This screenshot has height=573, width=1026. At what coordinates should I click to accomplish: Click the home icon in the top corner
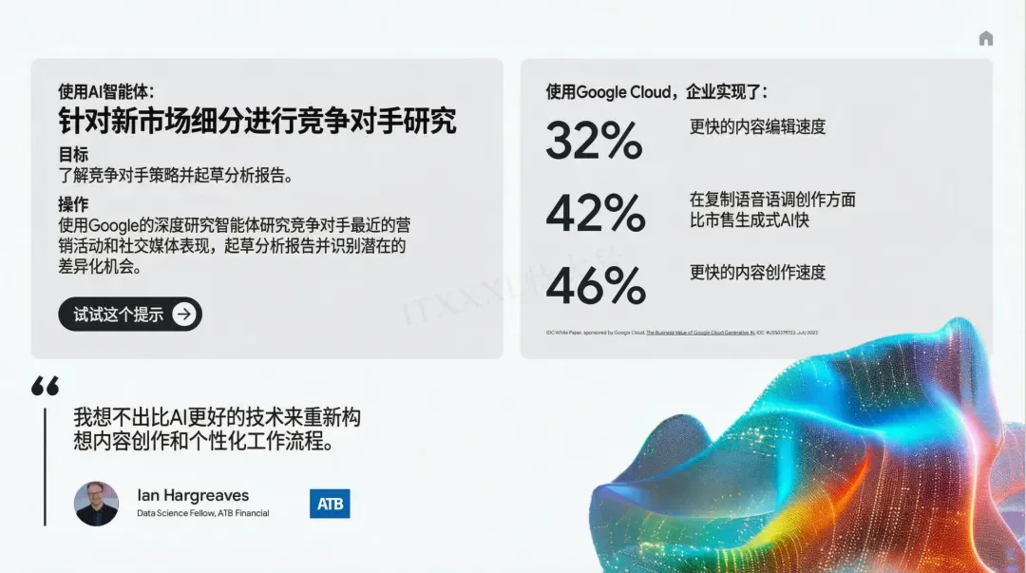tap(985, 39)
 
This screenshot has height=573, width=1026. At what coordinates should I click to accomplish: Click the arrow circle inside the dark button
tap(184, 315)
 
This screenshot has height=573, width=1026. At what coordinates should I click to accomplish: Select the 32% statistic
tap(594, 141)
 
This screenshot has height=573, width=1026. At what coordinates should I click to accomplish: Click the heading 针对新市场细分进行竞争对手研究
tap(256, 121)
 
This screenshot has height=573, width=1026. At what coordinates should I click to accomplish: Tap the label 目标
tap(73, 154)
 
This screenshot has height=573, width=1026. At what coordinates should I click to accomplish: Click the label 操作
tap(73, 204)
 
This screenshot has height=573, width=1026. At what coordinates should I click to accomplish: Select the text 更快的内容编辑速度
tap(757, 126)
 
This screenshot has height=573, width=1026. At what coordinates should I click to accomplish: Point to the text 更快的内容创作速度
tap(757, 273)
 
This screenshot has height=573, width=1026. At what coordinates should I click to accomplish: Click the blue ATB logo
tap(330, 504)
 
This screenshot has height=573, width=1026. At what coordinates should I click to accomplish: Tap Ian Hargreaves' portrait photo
tap(96, 504)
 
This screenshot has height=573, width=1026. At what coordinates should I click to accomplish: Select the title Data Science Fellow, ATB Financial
tap(202, 513)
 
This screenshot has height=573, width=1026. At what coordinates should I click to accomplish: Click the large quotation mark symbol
tap(45, 386)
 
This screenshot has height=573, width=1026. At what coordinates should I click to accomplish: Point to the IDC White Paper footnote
tap(681, 333)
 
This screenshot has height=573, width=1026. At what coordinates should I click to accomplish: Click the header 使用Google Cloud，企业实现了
tap(656, 92)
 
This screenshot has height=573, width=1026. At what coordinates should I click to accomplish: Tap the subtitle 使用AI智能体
tap(105, 91)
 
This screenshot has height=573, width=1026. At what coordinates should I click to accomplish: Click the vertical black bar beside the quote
tap(44, 466)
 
